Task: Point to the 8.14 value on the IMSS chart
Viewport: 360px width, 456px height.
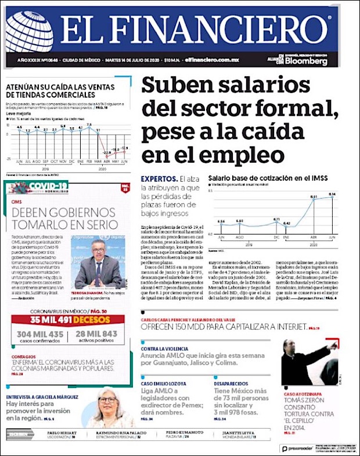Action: [332, 194]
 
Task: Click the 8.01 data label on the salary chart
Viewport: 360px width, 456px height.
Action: [314, 198]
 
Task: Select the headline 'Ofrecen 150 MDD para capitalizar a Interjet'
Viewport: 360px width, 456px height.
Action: [224, 328]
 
